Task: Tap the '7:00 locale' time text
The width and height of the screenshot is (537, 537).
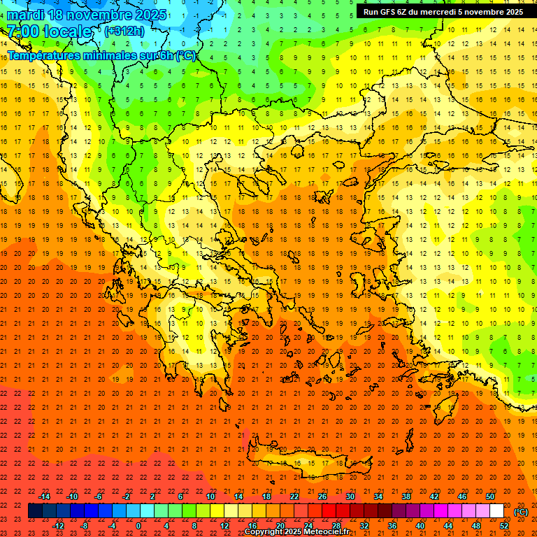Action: tap(49, 31)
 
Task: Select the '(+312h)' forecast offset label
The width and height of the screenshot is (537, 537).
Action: tap(124, 31)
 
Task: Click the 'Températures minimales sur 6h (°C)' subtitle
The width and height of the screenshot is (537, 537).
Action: tap(102, 56)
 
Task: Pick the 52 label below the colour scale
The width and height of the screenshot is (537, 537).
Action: tap(504, 525)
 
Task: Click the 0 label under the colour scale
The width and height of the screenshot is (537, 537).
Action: tap(138, 525)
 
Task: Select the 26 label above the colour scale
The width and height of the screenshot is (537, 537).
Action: tap(322, 496)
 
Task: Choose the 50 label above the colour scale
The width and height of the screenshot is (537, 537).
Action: tap(490, 496)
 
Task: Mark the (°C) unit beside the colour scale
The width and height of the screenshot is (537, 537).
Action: tap(520, 511)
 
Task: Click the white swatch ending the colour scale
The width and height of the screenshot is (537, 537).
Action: tap(496, 511)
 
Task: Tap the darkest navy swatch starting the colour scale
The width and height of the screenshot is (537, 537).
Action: tap(35, 511)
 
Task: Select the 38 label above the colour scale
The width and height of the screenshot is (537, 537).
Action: tap(406, 496)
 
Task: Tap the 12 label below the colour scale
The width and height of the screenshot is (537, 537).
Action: tap(224, 525)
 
